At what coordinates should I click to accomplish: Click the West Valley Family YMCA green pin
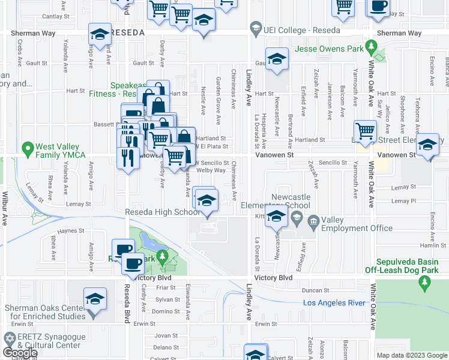point(27,147)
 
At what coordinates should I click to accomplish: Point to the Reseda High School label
point(162,212)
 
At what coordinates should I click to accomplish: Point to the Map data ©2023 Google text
point(411,355)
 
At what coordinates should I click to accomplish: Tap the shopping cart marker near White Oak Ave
point(365,130)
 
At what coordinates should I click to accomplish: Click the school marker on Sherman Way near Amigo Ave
point(100,35)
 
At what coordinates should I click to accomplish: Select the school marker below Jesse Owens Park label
point(276,59)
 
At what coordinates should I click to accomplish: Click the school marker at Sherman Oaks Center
point(95,299)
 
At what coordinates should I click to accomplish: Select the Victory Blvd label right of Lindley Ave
point(277,278)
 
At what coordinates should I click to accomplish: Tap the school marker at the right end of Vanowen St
point(427,145)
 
